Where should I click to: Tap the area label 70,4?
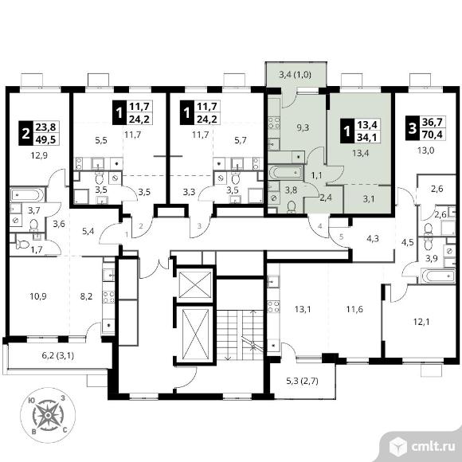pyautogui.click(x=433, y=135)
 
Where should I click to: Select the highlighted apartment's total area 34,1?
pyautogui.click(x=367, y=137)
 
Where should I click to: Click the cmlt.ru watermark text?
pyautogui.click(x=433, y=447)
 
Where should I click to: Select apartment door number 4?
pyautogui.click(x=320, y=226)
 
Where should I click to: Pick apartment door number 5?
pyautogui.click(x=341, y=237)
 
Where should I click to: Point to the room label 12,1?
pyautogui.click(x=421, y=322)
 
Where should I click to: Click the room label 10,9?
pyautogui.click(x=38, y=296)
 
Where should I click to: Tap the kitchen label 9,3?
pyautogui.click(x=303, y=127)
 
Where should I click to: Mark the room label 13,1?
pyautogui.click(x=303, y=309)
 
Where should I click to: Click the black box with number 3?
pyautogui.click(x=413, y=128)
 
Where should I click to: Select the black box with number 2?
pyautogui.click(x=26, y=133)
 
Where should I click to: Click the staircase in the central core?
pyautogui.click(x=240, y=335)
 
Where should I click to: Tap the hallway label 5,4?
pyautogui.click(x=88, y=231)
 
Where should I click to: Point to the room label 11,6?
pyautogui.click(x=354, y=309)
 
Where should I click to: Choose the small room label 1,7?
pyautogui.click(x=37, y=250)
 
